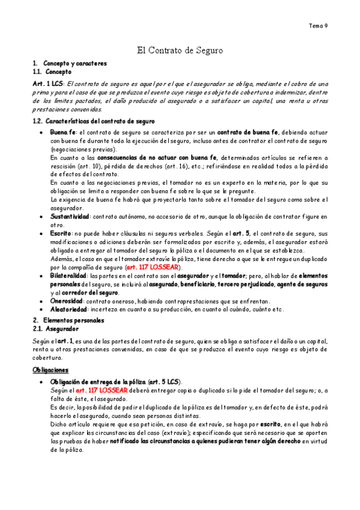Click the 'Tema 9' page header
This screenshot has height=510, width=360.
click(x=318, y=26)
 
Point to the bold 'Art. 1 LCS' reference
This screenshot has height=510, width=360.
click(x=48, y=84)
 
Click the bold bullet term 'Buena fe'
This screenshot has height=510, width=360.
click(x=63, y=132)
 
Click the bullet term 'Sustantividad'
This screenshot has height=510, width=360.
click(x=70, y=216)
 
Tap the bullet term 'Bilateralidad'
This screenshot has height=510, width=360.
click(x=69, y=275)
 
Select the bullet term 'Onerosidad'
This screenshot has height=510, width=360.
click(x=67, y=301)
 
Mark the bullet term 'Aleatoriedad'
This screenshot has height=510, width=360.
click(x=69, y=309)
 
